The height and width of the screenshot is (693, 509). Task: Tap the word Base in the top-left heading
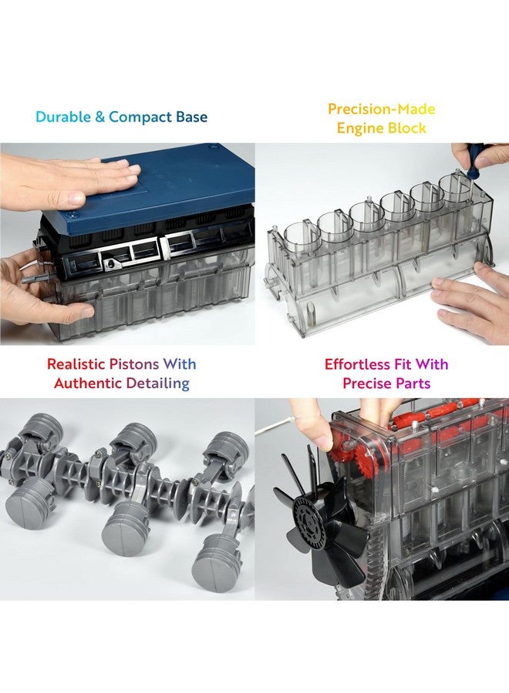tap(190, 118)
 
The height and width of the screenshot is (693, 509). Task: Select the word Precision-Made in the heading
tap(381, 109)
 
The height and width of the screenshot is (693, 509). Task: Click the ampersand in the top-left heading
tap(100, 118)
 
